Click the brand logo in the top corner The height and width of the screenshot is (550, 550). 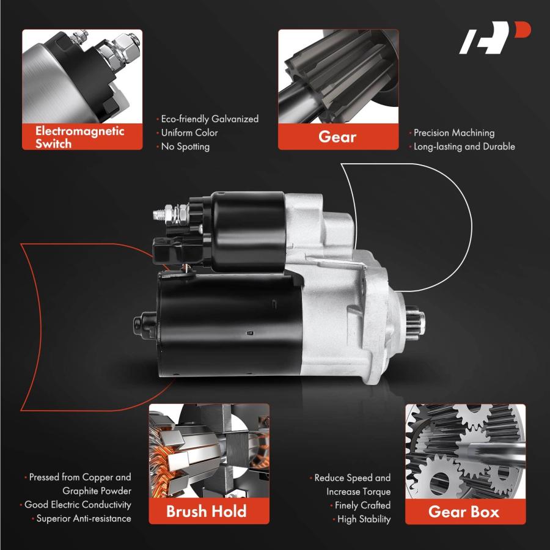494,37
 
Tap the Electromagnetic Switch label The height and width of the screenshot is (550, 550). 79,137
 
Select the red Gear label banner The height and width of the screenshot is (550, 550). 338,136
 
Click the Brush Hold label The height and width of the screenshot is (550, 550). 207,511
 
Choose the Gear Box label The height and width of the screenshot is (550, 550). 464,512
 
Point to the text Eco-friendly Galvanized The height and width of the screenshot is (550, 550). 210,119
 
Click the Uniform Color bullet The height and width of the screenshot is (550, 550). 189,133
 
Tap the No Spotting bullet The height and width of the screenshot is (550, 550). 185,147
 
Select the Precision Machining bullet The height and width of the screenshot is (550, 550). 454,133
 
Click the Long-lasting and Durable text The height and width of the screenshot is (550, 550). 464,147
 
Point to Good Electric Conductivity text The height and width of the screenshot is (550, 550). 78,505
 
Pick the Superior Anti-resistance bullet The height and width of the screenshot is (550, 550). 84,518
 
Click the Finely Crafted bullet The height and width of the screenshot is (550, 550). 362,505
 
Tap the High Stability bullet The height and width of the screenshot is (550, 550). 364,519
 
